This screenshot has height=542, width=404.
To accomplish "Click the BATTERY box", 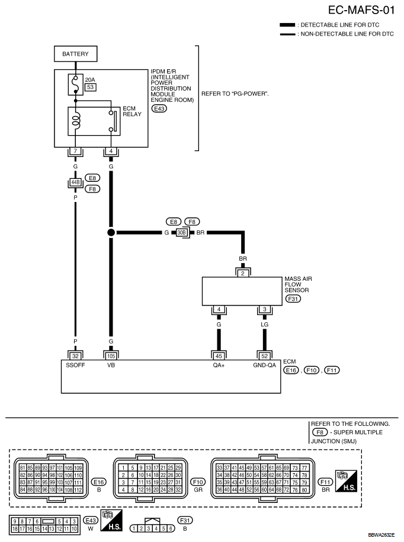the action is coord(76,54).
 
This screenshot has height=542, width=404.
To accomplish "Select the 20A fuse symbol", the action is coord(76,84).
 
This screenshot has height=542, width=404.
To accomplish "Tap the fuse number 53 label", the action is coord(91,87).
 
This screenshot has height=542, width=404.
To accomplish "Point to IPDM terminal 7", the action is coord(75,151).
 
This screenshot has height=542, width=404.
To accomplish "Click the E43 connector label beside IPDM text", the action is coord(159,108).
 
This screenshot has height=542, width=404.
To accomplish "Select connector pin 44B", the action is coord(75,182).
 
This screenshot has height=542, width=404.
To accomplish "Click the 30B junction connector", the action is coord(181,233).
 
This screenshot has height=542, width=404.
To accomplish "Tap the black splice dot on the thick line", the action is coord(111,233).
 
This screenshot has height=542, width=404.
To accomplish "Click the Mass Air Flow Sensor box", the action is coord(242,291).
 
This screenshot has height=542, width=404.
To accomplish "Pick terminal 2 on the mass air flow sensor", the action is coord(243,274).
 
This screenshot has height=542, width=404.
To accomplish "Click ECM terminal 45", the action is coord(219,356).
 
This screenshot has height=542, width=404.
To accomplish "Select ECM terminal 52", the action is coord(264,356).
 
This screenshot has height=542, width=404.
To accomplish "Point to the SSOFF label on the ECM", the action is coord(75,365).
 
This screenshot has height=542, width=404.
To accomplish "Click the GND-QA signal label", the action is coord(264,365).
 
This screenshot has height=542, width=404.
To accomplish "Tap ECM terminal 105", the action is coord(111,356).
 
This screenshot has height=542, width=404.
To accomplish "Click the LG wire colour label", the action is coord(264,325).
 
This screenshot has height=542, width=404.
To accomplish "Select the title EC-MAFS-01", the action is coord(361,10).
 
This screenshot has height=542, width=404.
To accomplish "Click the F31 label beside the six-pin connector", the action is coord(185,520).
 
